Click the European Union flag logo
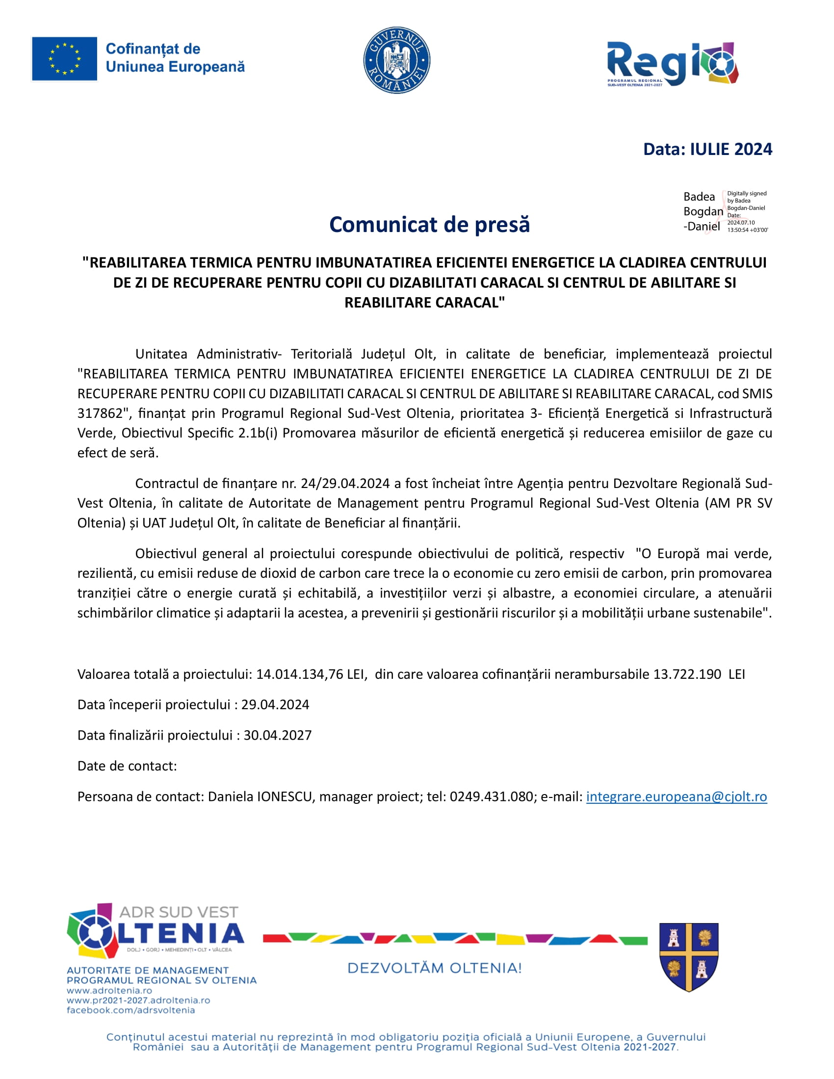point(64,59)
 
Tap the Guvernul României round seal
point(396,60)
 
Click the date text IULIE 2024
point(731,149)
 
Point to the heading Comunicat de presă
point(429,224)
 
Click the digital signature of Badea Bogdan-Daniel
point(725,211)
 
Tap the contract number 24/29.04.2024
point(345,483)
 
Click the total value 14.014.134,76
point(299,674)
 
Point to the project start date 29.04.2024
point(275,704)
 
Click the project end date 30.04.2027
point(278,735)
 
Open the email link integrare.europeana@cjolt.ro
point(677,796)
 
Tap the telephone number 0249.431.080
point(491,796)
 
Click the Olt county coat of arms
point(689,957)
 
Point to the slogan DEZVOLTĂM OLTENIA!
point(434,968)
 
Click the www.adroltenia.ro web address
point(109,991)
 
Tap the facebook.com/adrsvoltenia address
point(130,1010)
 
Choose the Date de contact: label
point(127,766)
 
